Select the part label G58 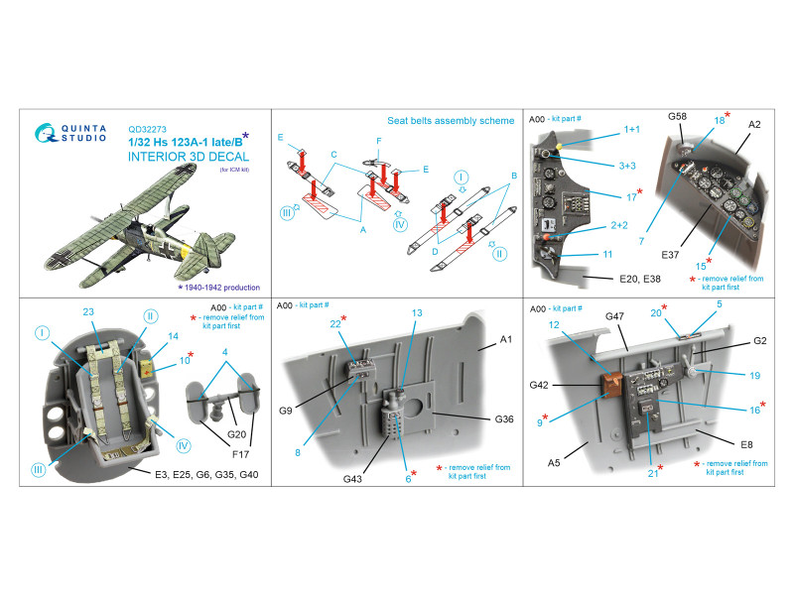676,117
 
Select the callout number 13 418,312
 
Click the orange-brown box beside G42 602,379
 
